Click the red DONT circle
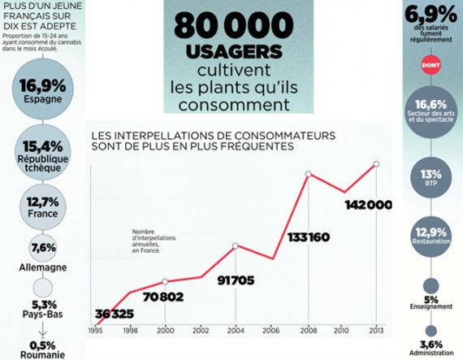[431, 65]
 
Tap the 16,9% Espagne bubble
[43, 89]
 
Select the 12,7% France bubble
[43, 207]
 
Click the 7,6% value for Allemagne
[43, 248]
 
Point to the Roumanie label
[43, 354]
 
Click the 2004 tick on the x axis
[236, 331]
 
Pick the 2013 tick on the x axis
[375, 331]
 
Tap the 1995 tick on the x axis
[95, 331]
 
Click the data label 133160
[309, 237]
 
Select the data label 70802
[163, 297]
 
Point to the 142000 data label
[369, 205]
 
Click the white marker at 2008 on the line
[309, 174]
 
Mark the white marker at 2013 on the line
[376, 164]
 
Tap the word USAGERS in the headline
[234, 51]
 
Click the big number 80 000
[234, 25]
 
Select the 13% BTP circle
[431, 177]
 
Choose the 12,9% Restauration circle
[431, 236]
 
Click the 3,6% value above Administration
[431, 345]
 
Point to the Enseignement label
[431, 306]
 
